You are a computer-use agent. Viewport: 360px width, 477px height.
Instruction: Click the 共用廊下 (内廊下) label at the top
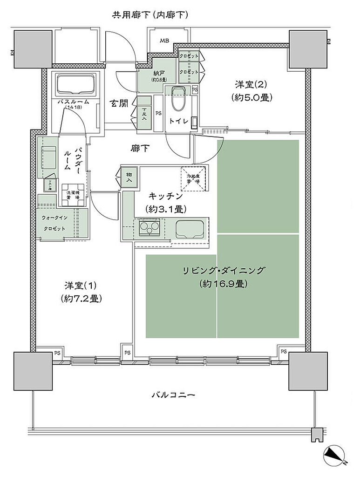pyautogui.click(x=149, y=15)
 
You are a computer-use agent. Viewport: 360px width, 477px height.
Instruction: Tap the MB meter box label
pyautogui.click(x=164, y=41)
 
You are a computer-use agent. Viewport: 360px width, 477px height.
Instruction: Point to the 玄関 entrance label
pyautogui.click(x=119, y=103)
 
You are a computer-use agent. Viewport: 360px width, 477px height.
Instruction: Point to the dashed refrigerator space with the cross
pyautogui.click(x=193, y=178)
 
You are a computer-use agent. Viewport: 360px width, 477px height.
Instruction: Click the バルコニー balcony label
pyautogui.click(x=173, y=395)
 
